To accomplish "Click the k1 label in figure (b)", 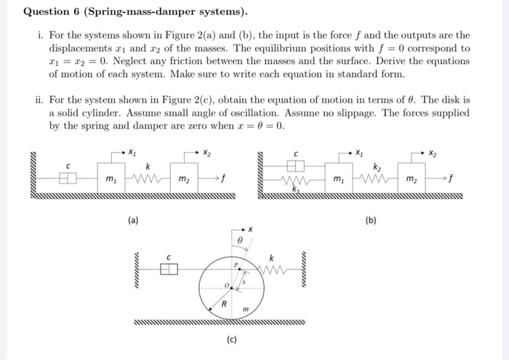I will (x=297, y=190).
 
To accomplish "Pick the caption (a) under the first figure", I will (x=133, y=219).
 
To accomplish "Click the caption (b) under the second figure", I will (x=372, y=219).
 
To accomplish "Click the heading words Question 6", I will (x=54, y=12).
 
